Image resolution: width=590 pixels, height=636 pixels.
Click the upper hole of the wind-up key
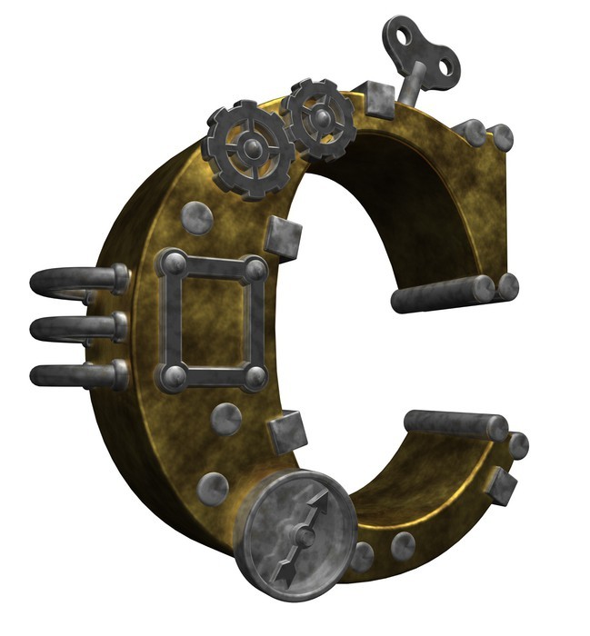point(403,37)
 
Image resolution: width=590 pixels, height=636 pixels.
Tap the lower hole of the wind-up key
point(446,66)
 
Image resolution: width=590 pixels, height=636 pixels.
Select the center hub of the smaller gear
point(323,118)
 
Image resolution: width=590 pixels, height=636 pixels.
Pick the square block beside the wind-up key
point(378,100)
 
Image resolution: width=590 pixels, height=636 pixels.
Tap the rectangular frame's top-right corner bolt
point(255,268)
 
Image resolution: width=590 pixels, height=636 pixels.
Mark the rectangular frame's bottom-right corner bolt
point(255,378)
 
